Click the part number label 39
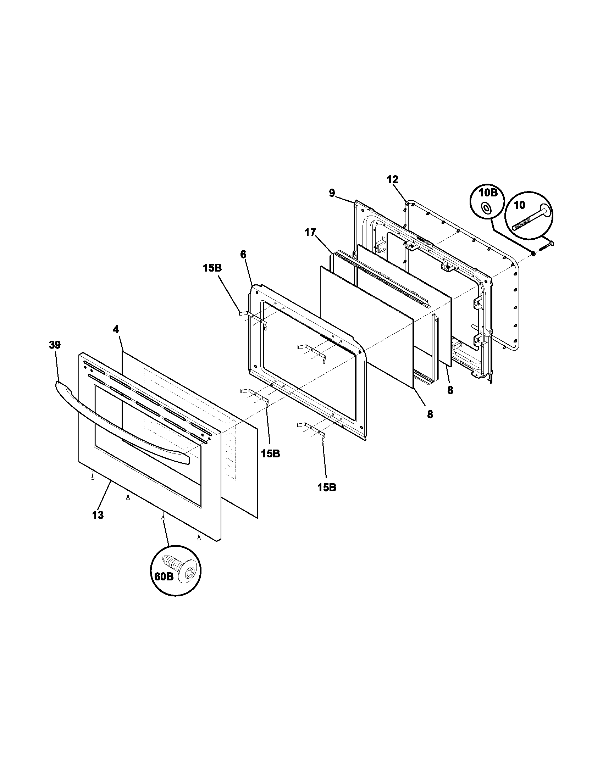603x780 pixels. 55,345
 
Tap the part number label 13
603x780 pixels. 98,515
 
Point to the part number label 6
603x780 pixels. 243,255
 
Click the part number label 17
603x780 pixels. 310,233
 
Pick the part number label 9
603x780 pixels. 332,193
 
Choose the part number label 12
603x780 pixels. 392,179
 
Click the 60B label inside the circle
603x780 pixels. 163,586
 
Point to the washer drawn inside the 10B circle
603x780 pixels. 486,207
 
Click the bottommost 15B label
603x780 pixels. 326,487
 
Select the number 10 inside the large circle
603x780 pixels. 519,205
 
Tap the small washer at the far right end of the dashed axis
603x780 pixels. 533,253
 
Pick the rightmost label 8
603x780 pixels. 450,390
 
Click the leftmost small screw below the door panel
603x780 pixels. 93,478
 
